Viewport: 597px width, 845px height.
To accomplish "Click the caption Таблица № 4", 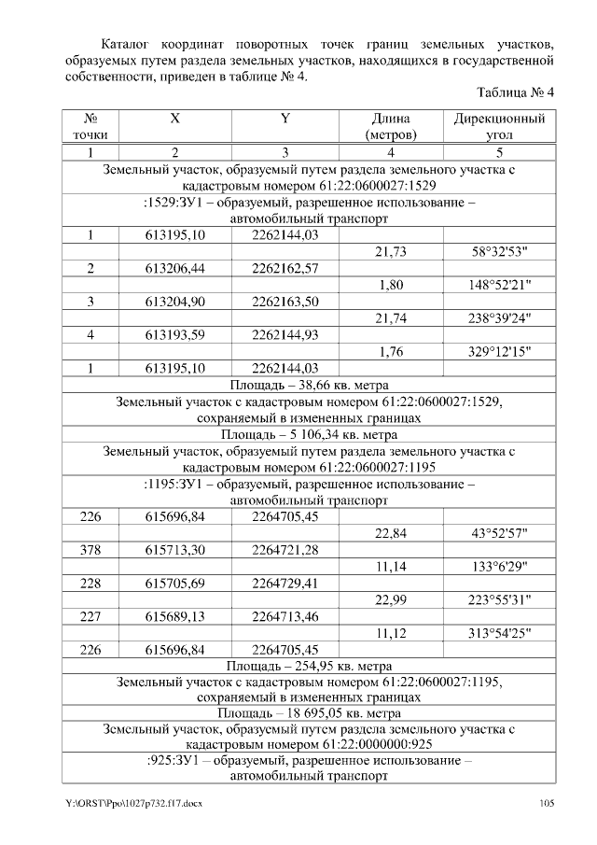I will tap(515, 93).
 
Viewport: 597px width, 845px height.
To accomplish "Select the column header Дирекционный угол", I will tap(499, 127).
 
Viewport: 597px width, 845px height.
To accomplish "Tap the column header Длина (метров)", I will tap(391, 127).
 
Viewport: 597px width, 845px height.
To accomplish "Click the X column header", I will tap(175, 120).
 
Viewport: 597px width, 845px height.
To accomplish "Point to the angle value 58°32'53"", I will tap(499, 252).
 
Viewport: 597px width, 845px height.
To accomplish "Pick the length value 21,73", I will tap(391, 252).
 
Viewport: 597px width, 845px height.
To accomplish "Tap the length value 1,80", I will tap(391, 286).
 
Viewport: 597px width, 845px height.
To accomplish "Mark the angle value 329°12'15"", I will tap(499, 352).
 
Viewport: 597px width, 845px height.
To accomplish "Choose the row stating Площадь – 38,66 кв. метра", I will tap(309, 385).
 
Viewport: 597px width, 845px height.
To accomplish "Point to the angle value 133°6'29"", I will tap(499, 566).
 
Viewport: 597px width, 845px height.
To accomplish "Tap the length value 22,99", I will tap(391, 599).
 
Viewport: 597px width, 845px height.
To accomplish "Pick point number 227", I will tap(90, 616).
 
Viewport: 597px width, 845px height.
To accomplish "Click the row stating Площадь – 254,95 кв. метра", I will tap(309, 666).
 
